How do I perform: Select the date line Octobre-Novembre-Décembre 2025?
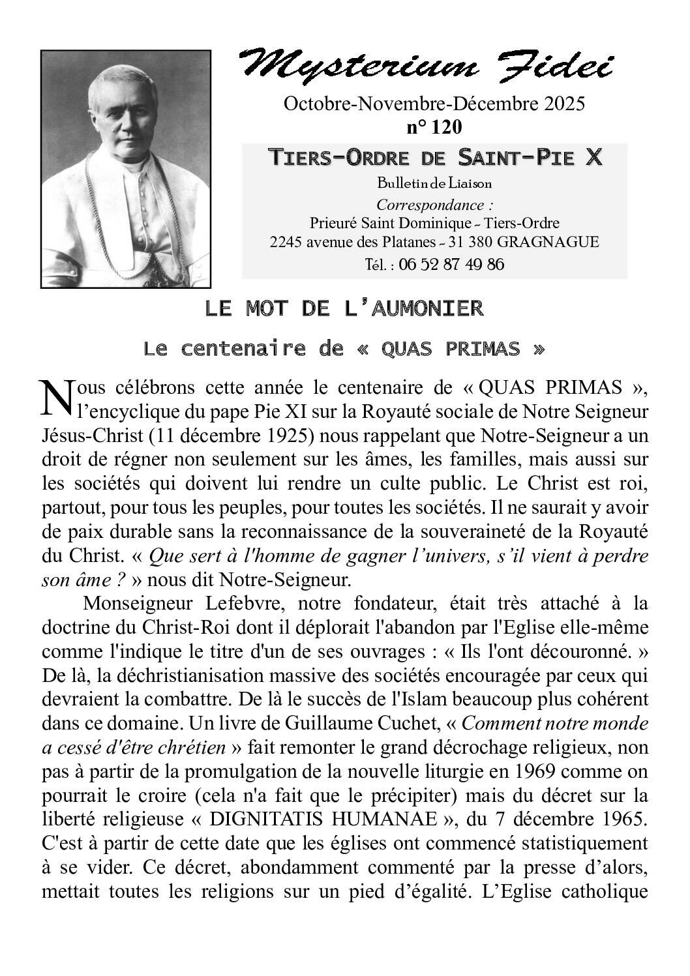(x=434, y=104)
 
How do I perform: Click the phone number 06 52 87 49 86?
(x=451, y=264)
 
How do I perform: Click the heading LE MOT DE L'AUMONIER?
(x=344, y=308)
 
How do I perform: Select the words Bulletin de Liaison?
(x=434, y=183)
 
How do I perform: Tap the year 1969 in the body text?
(x=534, y=772)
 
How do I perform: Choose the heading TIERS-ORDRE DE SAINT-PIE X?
(x=434, y=158)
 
